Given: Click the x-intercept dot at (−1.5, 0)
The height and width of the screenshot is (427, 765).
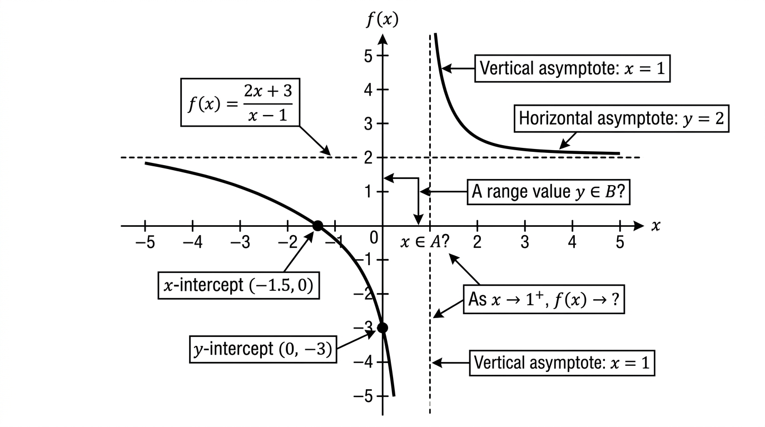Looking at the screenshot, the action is click(x=317, y=226).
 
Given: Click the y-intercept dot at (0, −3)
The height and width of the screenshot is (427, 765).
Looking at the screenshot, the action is click(x=383, y=328).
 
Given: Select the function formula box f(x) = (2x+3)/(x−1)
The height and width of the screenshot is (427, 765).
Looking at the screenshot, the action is click(x=240, y=102).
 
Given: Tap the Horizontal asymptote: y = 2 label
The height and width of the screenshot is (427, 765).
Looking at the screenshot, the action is click(x=622, y=118).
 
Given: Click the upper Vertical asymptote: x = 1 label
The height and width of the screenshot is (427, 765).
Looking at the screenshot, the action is click(x=573, y=68).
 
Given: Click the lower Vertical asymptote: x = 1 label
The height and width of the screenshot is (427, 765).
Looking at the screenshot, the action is click(x=562, y=363).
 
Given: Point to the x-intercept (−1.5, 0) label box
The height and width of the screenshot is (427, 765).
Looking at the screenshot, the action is click(x=239, y=286).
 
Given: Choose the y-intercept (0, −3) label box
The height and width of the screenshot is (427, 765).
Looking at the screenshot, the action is click(x=263, y=350).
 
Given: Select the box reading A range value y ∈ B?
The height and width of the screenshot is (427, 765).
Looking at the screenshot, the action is click(x=549, y=192).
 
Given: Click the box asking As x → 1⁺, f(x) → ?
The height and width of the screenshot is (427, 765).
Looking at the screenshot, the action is click(x=544, y=299).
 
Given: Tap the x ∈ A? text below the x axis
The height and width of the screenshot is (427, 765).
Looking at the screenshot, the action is click(x=425, y=242).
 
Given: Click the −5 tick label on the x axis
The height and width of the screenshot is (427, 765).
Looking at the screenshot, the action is click(x=145, y=242).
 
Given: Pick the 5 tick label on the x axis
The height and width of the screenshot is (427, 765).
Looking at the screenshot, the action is click(x=620, y=242).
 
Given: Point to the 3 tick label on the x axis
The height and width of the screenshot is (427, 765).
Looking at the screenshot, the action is click(x=525, y=242).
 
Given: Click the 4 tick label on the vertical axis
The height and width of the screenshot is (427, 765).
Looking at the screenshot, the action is click(x=368, y=90).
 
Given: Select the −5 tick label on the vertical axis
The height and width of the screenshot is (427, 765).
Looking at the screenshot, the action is click(x=363, y=396).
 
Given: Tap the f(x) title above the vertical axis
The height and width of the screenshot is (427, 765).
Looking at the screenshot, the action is click(x=383, y=19).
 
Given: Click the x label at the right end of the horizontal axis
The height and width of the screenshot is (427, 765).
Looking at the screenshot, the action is click(x=655, y=226).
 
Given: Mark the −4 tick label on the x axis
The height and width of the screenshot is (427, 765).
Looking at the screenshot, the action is click(x=192, y=242).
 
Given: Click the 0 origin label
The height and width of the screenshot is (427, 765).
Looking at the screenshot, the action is click(x=374, y=238).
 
